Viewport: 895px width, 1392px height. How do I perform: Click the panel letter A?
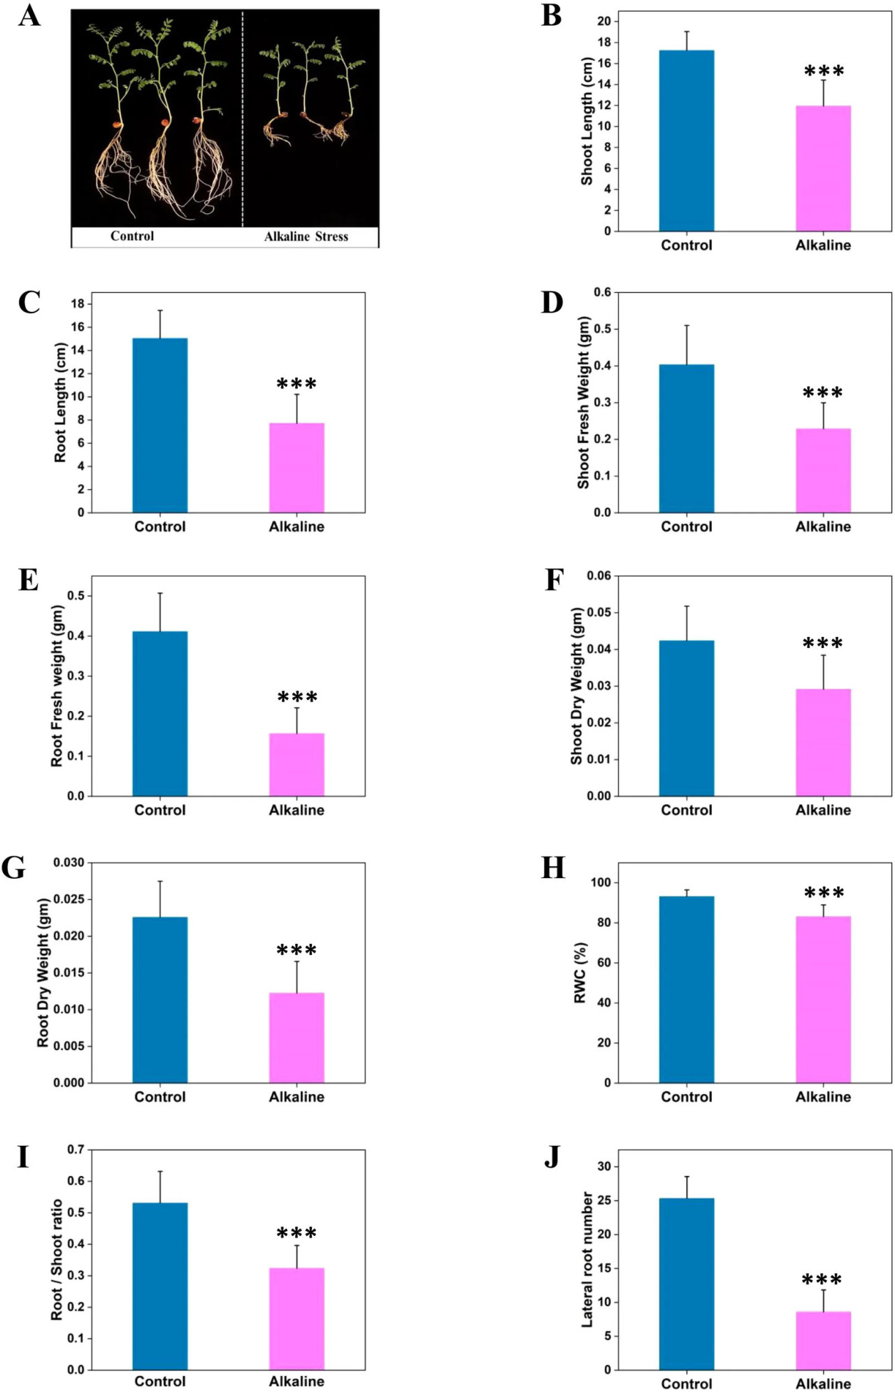(x=29, y=15)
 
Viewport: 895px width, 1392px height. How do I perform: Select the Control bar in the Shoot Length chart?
(x=686, y=140)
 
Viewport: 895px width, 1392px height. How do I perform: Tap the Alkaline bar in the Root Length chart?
(x=296, y=468)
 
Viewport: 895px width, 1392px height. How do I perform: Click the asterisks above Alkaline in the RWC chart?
(x=824, y=893)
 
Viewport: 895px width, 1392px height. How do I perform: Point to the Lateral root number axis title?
(x=587, y=1259)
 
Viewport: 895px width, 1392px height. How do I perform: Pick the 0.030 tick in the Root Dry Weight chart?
(x=69, y=863)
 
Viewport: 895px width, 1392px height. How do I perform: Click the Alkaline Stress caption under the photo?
(x=306, y=237)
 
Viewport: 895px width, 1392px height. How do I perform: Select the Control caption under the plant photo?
(x=132, y=236)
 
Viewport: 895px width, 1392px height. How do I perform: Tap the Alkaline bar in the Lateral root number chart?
(x=823, y=1340)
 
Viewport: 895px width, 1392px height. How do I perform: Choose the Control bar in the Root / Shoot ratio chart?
(x=160, y=1286)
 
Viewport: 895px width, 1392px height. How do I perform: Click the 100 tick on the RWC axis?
(x=601, y=883)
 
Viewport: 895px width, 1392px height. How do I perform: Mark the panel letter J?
(x=552, y=1157)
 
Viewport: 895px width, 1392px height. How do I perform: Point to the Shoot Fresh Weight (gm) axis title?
(x=584, y=402)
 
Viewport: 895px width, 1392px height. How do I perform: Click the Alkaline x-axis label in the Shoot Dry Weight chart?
(x=823, y=810)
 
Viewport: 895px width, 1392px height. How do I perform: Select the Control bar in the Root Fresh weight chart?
(x=160, y=713)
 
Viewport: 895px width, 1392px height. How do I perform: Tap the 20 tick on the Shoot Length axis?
(x=603, y=22)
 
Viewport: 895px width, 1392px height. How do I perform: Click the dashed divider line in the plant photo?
(x=243, y=119)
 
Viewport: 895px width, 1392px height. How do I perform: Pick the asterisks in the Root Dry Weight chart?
(x=296, y=950)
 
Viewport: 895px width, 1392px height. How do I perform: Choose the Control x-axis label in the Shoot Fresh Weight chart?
(x=686, y=527)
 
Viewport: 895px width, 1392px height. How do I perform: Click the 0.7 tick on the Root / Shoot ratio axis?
(x=76, y=1149)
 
